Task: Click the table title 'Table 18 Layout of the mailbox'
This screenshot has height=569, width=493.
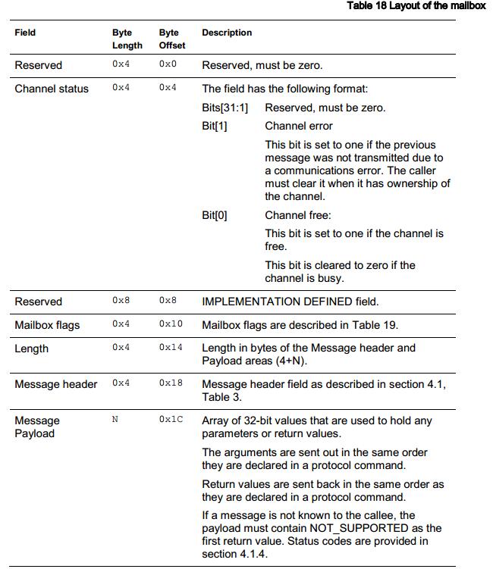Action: tap(415, 6)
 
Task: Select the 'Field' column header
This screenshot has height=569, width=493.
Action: tap(25, 33)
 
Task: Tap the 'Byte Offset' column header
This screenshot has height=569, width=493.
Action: tap(171, 39)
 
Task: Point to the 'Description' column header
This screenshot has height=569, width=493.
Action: tap(227, 33)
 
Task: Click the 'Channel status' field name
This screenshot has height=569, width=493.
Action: tap(52, 89)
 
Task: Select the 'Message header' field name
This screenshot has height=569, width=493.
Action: tap(56, 384)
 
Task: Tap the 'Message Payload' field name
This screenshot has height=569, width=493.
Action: tap(37, 427)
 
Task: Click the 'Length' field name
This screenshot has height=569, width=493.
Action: tap(32, 349)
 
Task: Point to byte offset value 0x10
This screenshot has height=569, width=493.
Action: tap(168, 324)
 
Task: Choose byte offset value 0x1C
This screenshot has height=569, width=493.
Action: tap(171, 420)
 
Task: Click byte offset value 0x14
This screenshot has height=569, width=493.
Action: tap(171, 348)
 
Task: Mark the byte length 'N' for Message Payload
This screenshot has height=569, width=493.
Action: tap(115, 420)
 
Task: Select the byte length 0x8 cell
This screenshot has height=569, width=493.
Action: tap(121, 301)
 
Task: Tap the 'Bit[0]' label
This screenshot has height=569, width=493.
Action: tap(215, 215)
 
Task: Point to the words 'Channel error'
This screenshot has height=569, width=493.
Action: tap(299, 126)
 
